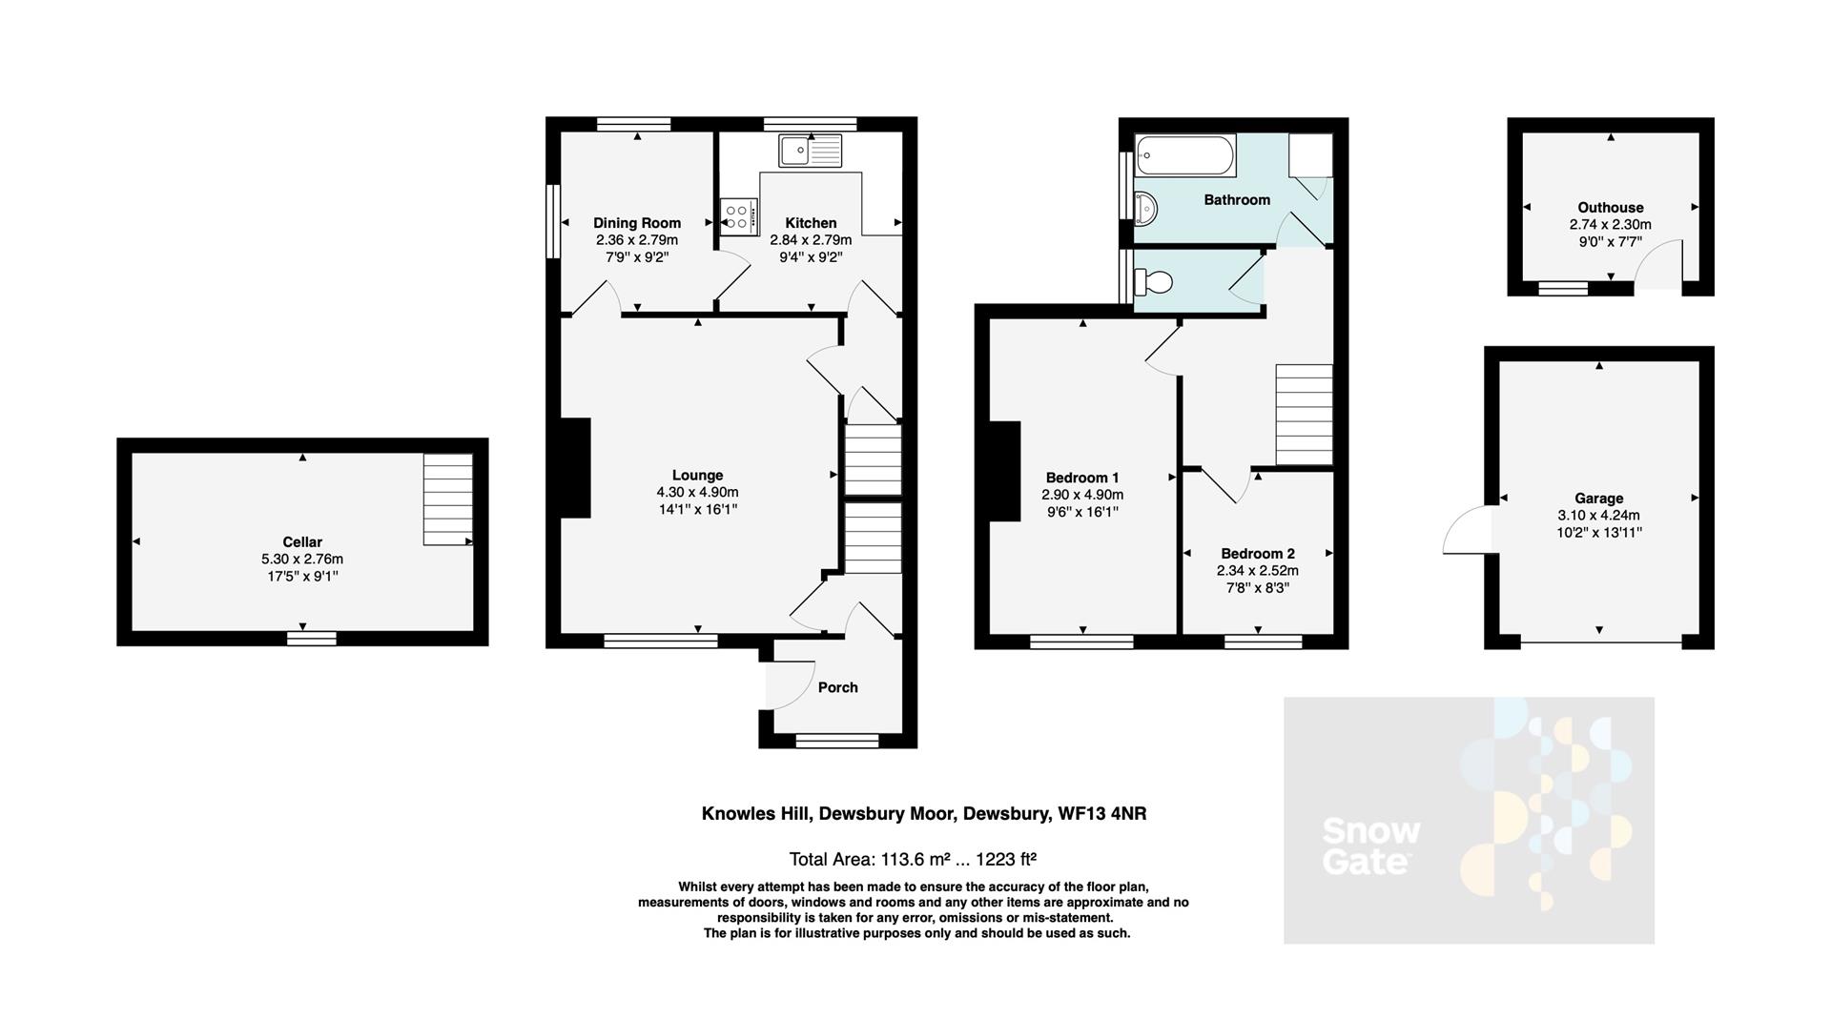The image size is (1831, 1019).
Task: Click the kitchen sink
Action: tap(811, 151)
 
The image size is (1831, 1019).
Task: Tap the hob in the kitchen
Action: tap(738, 216)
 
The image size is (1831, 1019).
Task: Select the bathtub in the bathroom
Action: tap(1185, 155)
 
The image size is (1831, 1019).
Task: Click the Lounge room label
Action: tap(697, 475)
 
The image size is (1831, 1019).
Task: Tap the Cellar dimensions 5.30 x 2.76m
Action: tap(302, 560)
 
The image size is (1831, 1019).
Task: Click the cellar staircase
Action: tap(447, 499)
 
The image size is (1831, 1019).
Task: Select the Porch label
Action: tap(837, 687)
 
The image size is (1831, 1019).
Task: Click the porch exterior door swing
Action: tap(784, 684)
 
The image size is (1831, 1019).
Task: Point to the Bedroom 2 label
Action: tap(1257, 553)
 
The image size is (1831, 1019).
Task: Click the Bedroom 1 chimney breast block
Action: tap(1004, 471)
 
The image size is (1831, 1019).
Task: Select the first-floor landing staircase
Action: tap(1304, 414)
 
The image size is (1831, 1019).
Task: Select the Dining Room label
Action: tap(637, 223)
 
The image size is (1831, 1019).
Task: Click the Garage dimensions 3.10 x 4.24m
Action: tap(1598, 515)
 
